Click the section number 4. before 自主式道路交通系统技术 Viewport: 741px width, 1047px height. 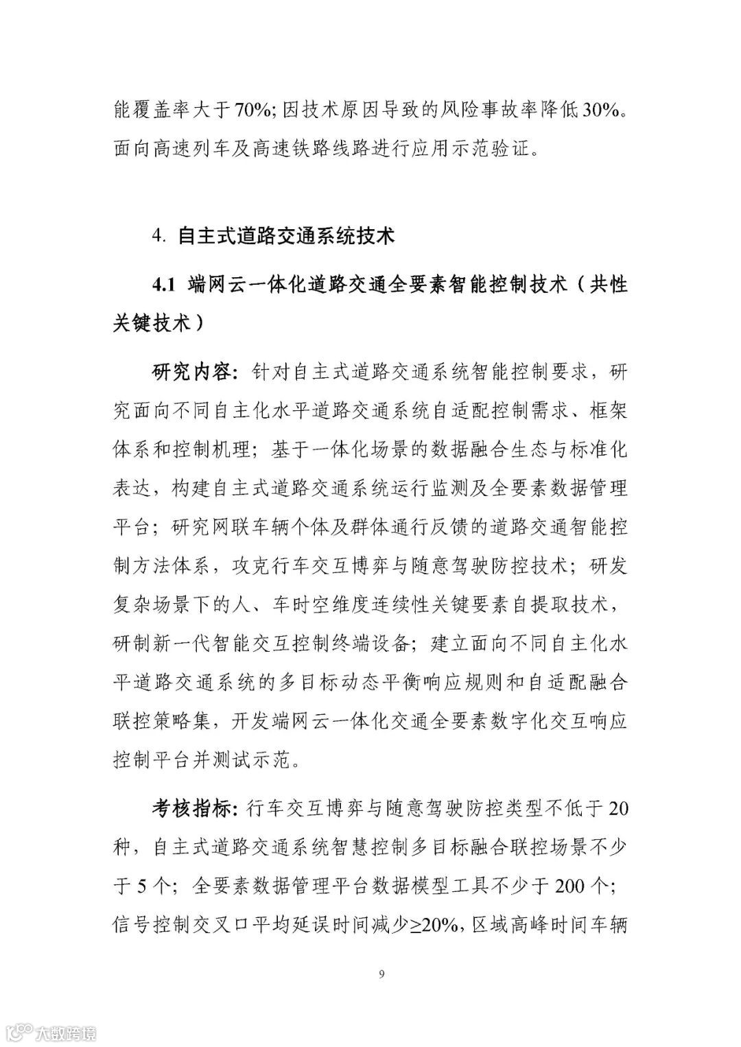159,236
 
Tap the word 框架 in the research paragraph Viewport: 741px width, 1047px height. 608,412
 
